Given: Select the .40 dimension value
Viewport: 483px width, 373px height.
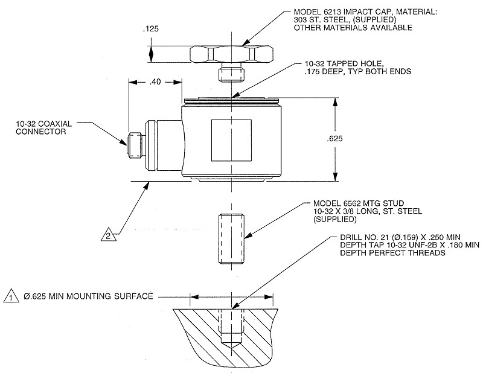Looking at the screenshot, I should click(x=155, y=82).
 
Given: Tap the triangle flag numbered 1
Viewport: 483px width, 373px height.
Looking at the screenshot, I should click(x=11, y=296).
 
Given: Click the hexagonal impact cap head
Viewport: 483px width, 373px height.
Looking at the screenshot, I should click(x=232, y=55).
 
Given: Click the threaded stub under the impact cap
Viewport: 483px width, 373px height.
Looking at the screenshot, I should click(x=232, y=74).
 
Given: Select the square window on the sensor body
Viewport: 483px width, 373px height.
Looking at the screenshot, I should click(x=231, y=140).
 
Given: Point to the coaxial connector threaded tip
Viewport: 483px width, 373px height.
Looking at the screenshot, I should click(x=135, y=145).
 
